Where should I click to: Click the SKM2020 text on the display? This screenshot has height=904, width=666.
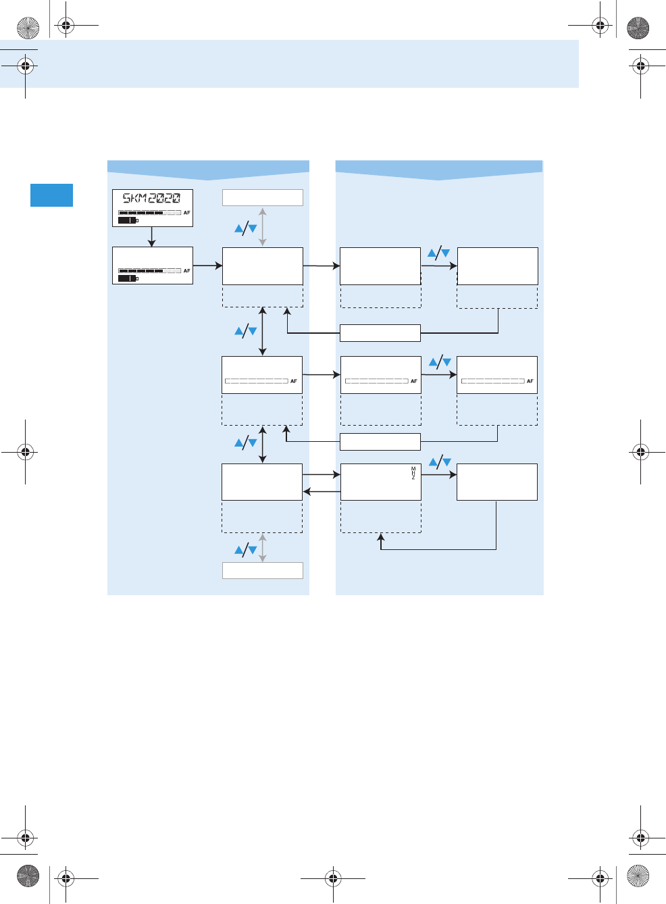[151, 198]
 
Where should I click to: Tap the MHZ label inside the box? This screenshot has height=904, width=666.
[413, 473]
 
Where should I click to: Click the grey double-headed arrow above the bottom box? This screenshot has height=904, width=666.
[263, 548]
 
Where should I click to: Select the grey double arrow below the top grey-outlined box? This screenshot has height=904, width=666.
[263, 227]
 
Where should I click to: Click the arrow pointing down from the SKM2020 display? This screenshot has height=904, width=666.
[152, 237]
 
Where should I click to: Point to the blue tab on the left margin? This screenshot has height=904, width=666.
[51, 195]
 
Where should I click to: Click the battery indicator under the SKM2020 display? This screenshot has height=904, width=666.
[128, 220]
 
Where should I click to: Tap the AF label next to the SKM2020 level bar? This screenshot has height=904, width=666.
[187, 213]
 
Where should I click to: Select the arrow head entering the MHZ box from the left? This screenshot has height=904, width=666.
[336, 474]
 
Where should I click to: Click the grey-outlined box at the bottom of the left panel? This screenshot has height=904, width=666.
[263, 570]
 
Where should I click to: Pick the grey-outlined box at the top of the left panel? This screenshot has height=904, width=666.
[263, 197]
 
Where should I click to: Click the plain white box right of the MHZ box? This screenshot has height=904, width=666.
[497, 482]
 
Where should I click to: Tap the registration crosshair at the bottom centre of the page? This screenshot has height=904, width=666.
[332, 878]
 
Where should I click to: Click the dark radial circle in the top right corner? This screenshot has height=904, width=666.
[638, 28]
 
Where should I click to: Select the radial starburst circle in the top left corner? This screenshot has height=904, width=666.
[28, 28]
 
